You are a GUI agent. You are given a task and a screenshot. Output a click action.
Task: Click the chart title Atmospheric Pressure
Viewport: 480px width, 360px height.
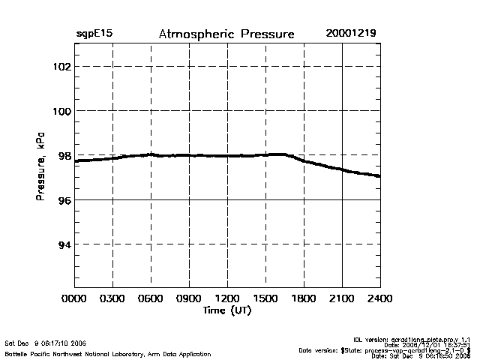[226, 34]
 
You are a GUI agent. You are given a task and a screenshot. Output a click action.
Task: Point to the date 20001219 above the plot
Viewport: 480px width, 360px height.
[351, 34]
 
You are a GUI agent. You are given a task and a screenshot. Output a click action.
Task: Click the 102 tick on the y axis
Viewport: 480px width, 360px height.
[61, 66]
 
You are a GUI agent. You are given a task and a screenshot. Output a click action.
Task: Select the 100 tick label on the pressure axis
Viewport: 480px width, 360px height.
[61, 111]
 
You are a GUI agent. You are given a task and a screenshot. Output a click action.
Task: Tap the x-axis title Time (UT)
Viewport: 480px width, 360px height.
[227, 310]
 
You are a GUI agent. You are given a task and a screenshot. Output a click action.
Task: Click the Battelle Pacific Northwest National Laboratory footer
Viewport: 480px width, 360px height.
[108, 353]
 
